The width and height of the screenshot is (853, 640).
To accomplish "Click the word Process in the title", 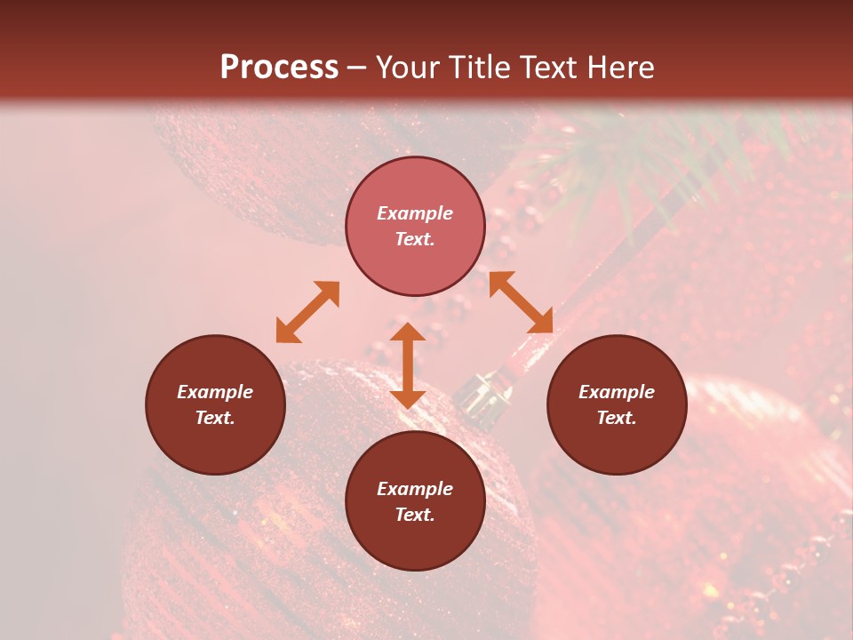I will (279, 68).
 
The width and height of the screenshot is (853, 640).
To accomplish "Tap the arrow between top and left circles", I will (307, 312).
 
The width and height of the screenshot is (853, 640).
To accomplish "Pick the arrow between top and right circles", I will (521, 302).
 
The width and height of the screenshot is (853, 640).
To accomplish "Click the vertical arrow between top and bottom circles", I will (408, 365).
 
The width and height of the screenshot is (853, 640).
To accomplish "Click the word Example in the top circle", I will (415, 213).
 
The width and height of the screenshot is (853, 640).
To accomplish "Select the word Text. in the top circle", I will (415, 239).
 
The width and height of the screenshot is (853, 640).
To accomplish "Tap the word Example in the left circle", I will (215, 392).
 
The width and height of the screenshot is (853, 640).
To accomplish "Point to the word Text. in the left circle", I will (215, 418).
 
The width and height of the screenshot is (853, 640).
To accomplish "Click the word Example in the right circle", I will (617, 392).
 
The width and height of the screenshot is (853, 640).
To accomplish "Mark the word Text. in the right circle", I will (617, 418).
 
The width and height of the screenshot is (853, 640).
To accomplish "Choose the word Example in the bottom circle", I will (415, 489).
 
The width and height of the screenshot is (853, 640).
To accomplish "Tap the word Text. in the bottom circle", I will (415, 515).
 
